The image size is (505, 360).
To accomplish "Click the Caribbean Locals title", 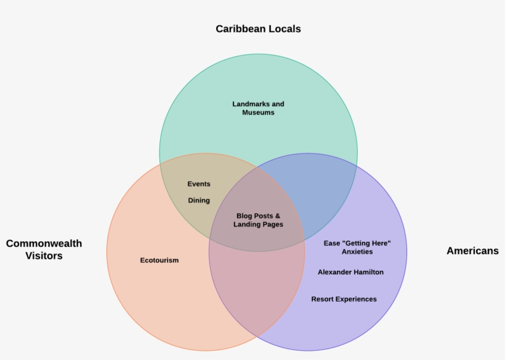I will [x=258, y=29].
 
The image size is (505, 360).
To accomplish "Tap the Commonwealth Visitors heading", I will [x=44, y=249].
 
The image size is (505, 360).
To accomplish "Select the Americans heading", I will [x=472, y=250].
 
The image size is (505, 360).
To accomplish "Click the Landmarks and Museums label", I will [x=258, y=108].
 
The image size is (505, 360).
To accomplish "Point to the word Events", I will [x=199, y=184].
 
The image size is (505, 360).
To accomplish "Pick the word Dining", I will [x=199, y=201].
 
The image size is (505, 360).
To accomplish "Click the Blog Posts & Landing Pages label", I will [x=258, y=220].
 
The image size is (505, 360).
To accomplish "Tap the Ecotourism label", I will [x=160, y=260].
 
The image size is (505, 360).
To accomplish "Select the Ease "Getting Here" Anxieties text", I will [x=357, y=247].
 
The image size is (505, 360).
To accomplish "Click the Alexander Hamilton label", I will [x=350, y=272].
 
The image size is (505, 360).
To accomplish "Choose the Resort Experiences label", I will [x=344, y=299].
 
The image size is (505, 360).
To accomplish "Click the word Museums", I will [x=258, y=113].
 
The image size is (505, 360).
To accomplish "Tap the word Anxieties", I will [x=357, y=252].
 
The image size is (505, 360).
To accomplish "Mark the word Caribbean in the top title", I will [x=240, y=29].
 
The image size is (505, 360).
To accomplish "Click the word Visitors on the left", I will [x=44, y=256].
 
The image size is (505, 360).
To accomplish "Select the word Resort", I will [x=323, y=299].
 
